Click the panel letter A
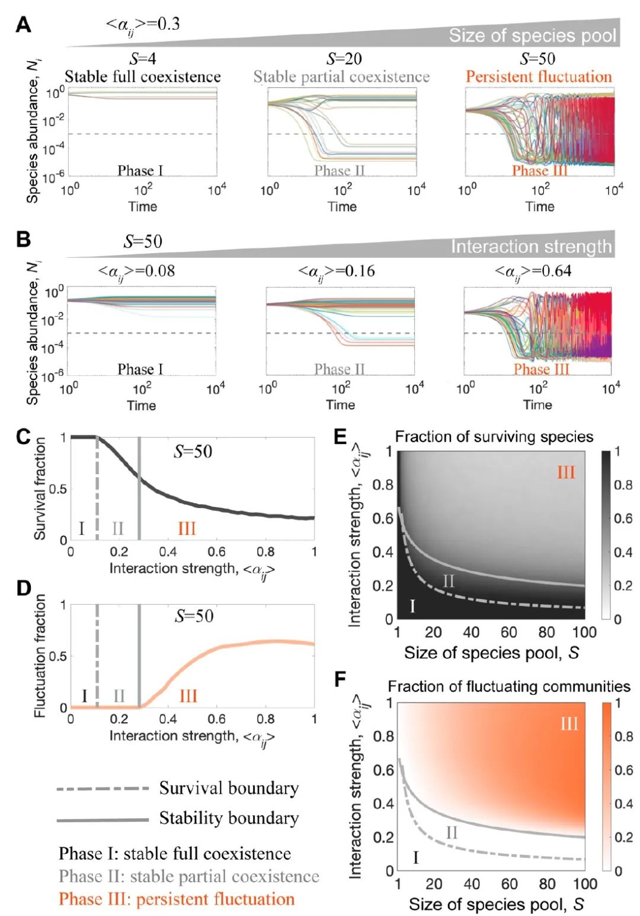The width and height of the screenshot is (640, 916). (23, 25)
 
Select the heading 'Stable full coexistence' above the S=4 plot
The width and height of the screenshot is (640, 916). (142, 76)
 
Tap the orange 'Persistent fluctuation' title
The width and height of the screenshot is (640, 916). (538, 76)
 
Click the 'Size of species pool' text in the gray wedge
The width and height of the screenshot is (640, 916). (532, 36)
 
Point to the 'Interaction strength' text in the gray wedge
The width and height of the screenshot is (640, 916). (531, 246)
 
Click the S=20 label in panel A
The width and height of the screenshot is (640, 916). (344, 59)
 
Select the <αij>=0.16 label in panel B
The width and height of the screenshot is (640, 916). (336, 272)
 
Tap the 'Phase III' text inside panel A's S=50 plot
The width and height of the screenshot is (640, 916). (539, 171)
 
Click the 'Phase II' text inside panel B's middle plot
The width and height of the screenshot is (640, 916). (339, 369)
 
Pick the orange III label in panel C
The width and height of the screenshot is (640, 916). (187, 528)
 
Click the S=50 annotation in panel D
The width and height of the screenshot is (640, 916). (194, 616)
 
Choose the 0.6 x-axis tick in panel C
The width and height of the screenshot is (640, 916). (216, 551)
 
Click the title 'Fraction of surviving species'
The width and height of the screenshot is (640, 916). (494, 437)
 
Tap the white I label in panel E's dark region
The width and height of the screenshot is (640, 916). (412, 606)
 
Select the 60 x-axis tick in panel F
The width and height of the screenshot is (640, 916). (509, 884)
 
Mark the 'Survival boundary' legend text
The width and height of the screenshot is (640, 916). (229, 788)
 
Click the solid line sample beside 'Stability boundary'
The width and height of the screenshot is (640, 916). (103, 820)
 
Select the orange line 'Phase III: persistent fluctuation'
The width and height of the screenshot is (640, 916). (177, 899)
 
